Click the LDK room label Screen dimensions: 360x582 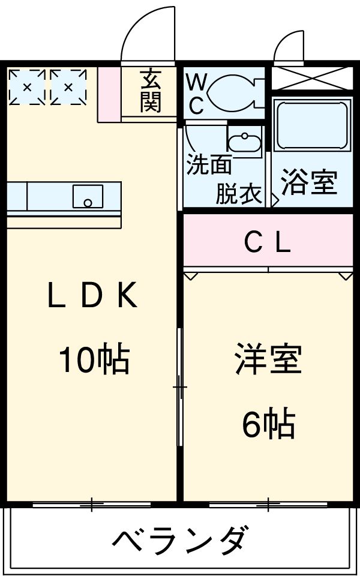click(93, 295)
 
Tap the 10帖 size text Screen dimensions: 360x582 click(94, 359)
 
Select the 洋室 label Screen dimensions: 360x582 click(268, 359)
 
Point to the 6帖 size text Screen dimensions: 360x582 click(269, 424)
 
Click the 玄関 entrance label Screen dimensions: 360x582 click(151, 90)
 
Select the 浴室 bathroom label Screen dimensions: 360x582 click(309, 182)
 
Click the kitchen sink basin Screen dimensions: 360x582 click(88, 196)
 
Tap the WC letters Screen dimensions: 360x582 click(196, 94)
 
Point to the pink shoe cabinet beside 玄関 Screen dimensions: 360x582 click(109, 94)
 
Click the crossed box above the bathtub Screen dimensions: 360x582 click(312, 78)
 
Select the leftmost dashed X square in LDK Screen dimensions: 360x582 click(27, 88)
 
